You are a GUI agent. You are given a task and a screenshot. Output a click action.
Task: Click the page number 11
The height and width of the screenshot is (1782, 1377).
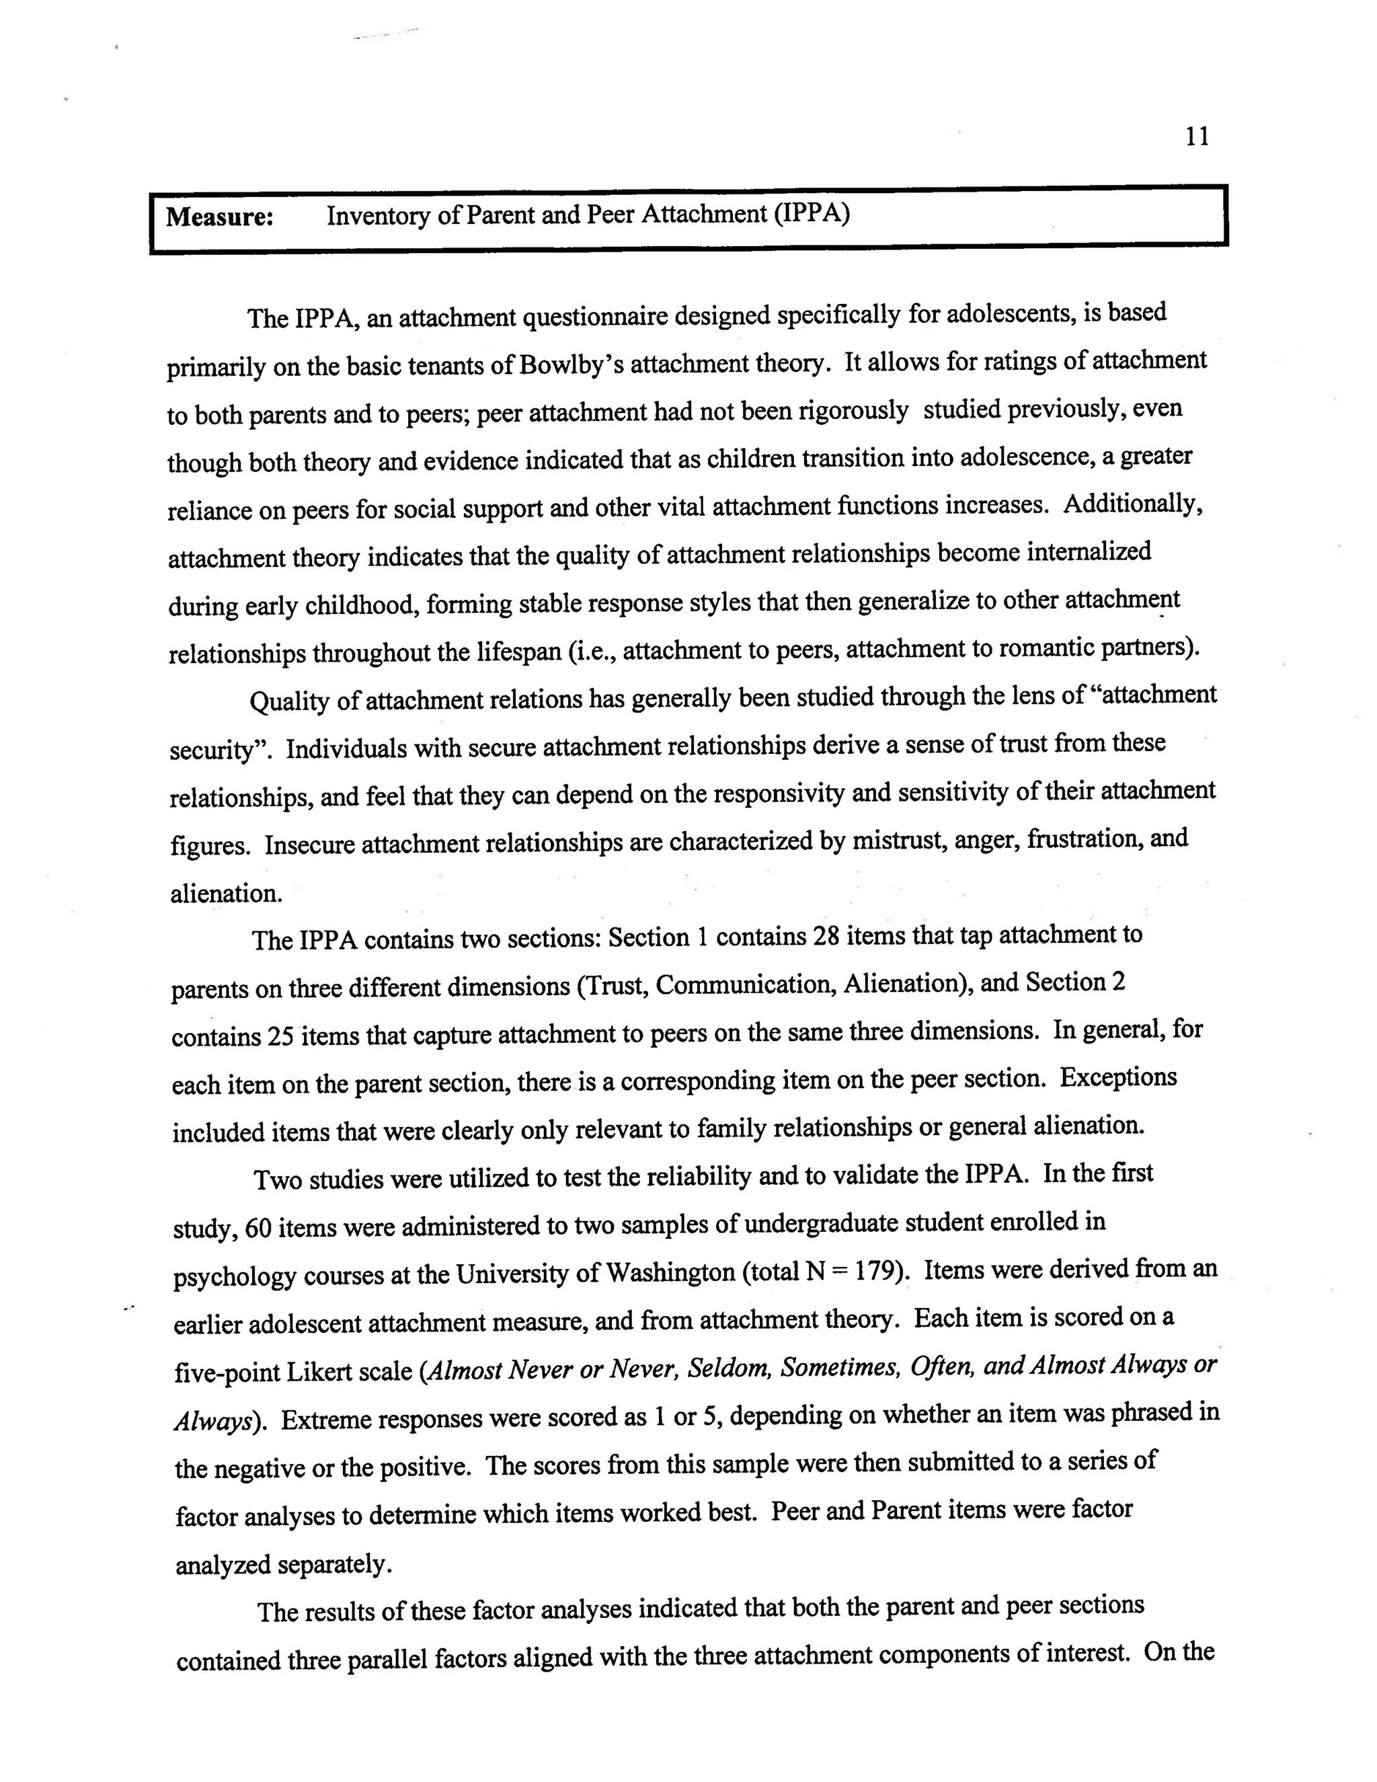pos(1197,137)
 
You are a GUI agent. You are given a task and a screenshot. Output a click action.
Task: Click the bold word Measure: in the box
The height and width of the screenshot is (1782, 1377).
pos(219,218)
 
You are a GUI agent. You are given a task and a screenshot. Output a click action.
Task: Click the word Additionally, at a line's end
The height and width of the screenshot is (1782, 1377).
pos(1133,504)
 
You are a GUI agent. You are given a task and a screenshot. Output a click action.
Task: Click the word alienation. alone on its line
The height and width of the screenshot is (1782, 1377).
pos(227,894)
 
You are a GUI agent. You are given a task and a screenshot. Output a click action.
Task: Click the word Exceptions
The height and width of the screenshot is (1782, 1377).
pos(1118,1078)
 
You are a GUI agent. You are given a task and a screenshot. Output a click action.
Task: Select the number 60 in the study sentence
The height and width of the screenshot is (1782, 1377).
pos(258,1228)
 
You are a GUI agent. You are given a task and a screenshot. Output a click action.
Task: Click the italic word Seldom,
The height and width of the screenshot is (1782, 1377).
pos(730,1368)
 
